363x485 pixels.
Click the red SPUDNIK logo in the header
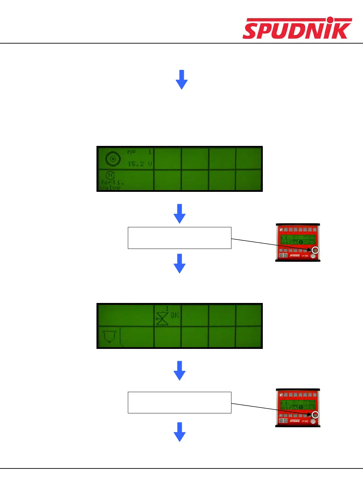tap(297, 28)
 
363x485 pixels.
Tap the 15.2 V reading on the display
tap(140, 164)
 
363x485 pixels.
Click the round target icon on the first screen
tap(113, 159)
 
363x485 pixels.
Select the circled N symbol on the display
tap(110, 175)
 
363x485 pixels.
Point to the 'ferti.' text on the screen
tap(112, 182)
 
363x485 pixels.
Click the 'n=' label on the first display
tap(131, 152)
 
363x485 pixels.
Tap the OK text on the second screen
tap(175, 315)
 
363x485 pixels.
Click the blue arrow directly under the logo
tap(181, 80)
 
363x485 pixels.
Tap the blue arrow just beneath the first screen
tap(179, 213)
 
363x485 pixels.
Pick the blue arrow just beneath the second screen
tap(179, 371)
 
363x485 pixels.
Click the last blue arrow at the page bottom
tap(179, 432)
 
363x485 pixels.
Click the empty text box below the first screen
tap(179, 238)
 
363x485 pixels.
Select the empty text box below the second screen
tap(179, 403)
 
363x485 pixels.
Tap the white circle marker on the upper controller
tap(315, 250)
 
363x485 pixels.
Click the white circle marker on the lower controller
tap(315, 415)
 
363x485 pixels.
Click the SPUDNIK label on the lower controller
tap(295, 421)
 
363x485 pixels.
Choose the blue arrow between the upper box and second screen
tap(179, 263)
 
